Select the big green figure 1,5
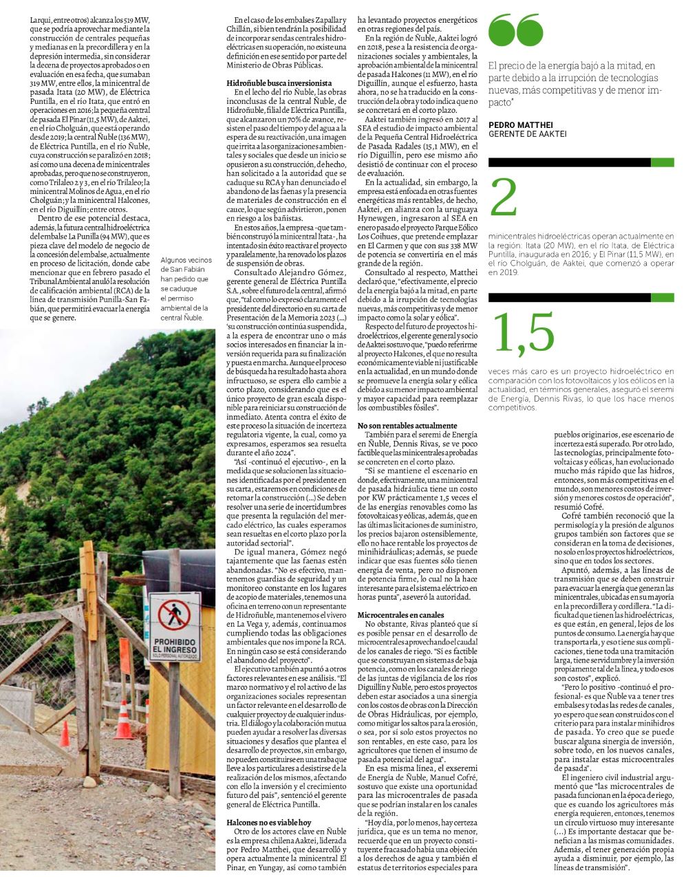click(x=524, y=333)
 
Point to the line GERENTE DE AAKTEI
click(x=527, y=133)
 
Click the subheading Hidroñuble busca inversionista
click(x=275, y=82)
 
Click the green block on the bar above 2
click(x=663, y=162)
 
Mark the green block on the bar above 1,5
click(x=663, y=297)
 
